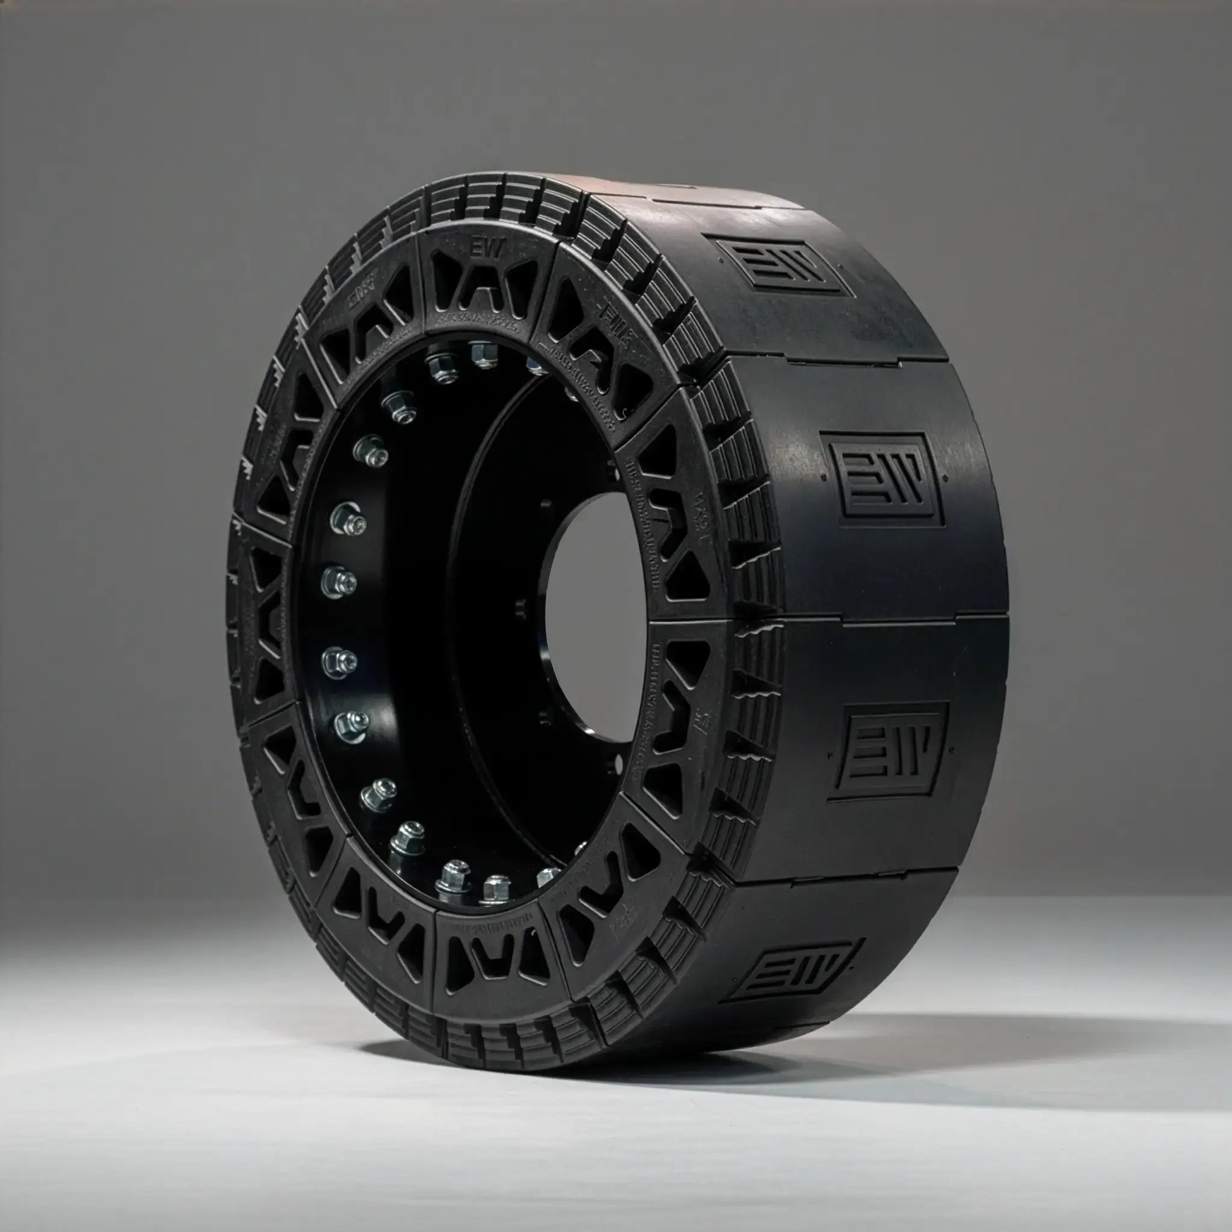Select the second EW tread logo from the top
click(x=883, y=479)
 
